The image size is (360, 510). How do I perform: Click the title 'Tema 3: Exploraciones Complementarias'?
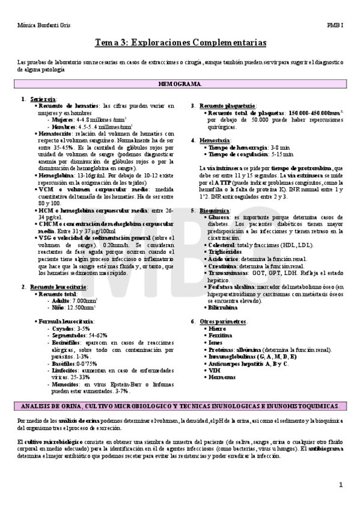(180, 44)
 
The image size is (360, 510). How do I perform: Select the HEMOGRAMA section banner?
(180, 84)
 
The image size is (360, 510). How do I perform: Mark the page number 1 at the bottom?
(341, 485)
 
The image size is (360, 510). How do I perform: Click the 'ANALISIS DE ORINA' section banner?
(180, 389)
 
